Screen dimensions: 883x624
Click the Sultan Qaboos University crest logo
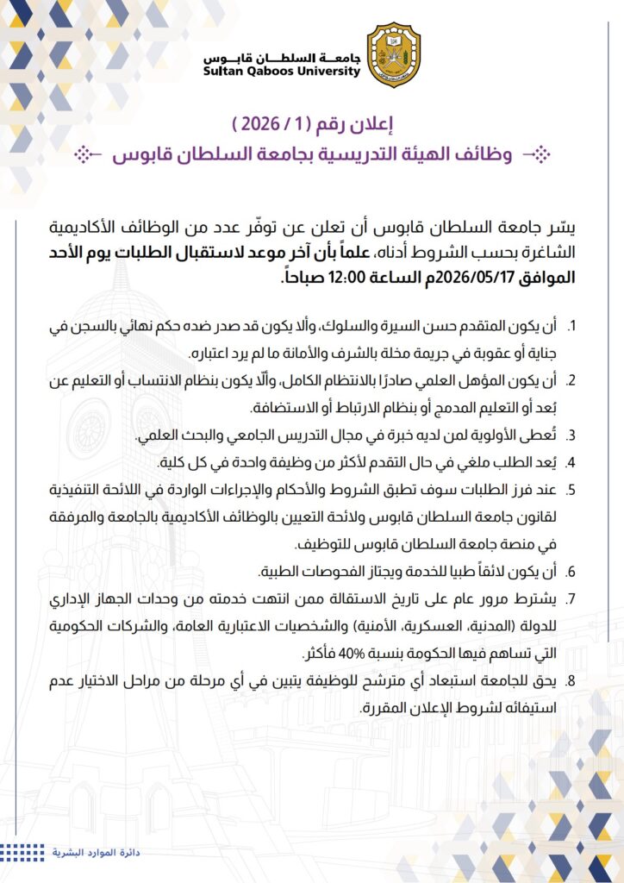[394, 54]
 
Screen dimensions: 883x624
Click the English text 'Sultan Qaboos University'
[282, 72]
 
